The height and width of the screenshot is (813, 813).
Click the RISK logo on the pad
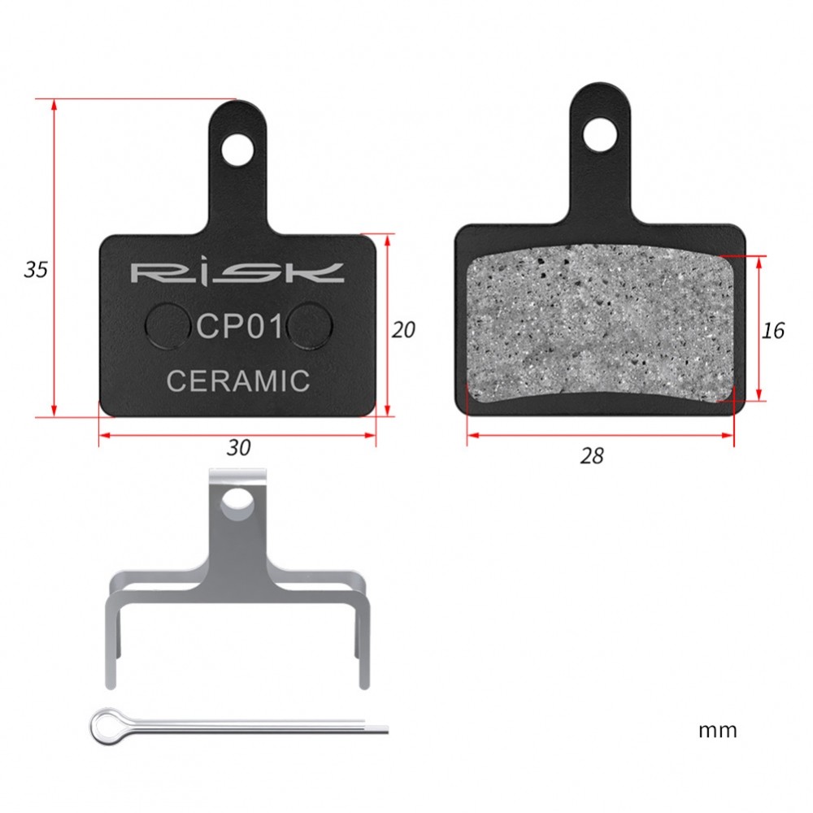tap(237, 272)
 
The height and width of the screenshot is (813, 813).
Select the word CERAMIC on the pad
tap(237, 380)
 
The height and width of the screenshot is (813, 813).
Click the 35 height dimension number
tap(35, 269)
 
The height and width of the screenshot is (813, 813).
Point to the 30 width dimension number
tap(238, 447)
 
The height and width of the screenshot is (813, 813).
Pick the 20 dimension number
tap(403, 330)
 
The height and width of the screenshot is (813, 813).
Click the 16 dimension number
tap(773, 330)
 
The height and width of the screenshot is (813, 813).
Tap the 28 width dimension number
tap(592, 456)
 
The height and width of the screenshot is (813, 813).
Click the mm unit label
tap(717, 729)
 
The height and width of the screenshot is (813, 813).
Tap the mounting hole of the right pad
tap(601, 132)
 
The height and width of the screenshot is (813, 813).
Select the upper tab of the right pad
tap(601, 154)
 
